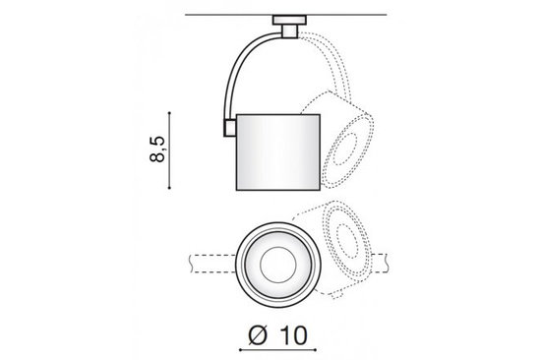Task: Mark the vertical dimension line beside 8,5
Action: click(x=179, y=151)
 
